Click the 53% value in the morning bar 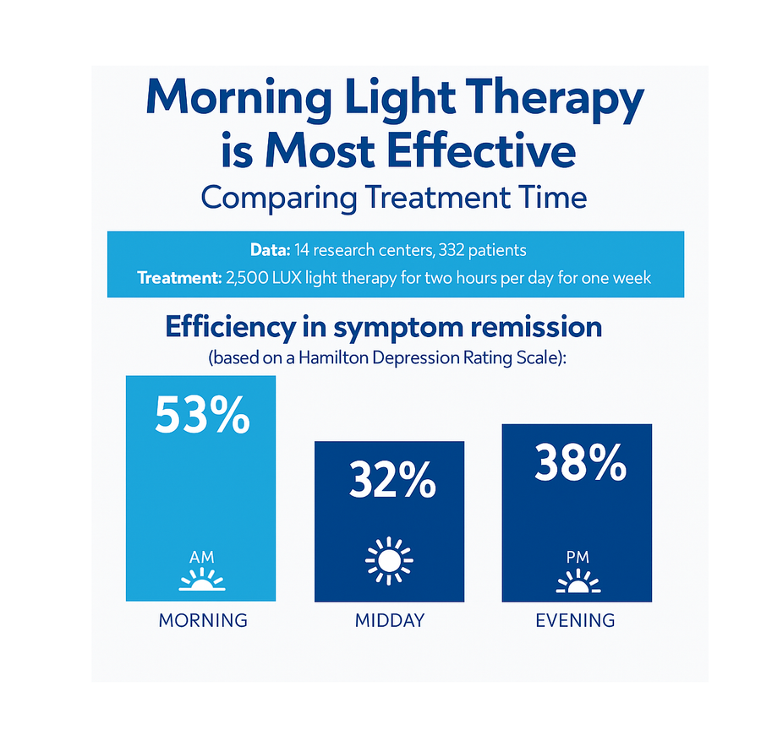(x=202, y=415)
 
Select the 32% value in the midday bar (x=392, y=480)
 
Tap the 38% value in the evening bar (x=580, y=462)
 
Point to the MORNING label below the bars (x=203, y=620)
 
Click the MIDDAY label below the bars (x=390, y=620)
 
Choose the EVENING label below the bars (x=575, y=620)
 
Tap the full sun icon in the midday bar (x=389, y=561)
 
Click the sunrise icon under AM (x=202, y=580)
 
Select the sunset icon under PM (x=578, y=581)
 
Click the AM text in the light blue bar (x=202, y=557)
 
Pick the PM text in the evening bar (x=578, y=557)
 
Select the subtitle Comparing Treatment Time (x=393, y=198)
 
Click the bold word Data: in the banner (x=270, y=250)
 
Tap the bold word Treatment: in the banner (x=179, y=278)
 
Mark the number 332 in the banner (x=451, y=250)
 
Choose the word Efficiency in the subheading (x=231, y=328)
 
